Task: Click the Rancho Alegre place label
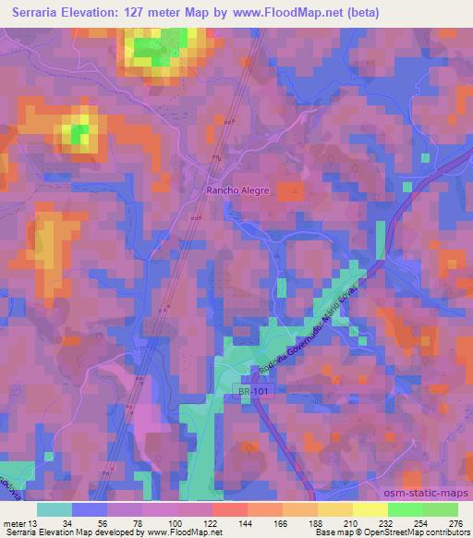point(236,190)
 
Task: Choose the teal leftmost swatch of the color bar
point(55,509)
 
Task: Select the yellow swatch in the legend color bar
point(370,509)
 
